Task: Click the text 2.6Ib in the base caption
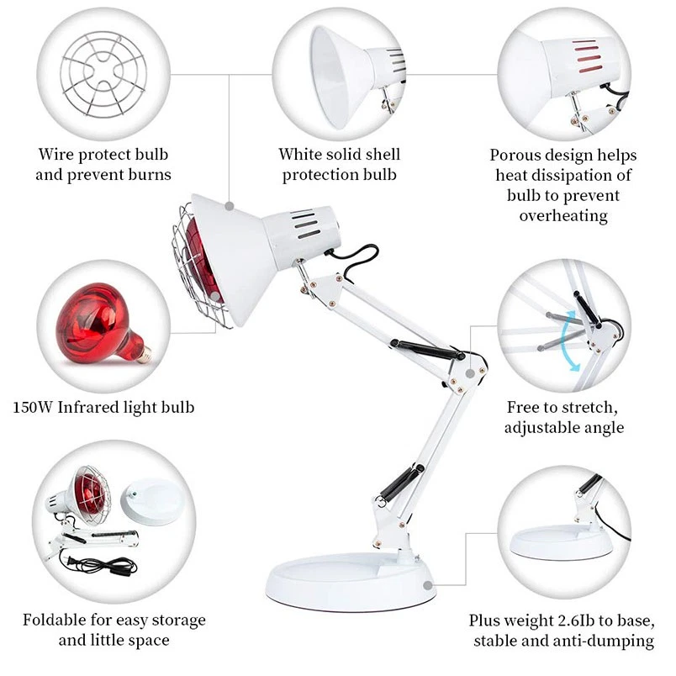(559, 621)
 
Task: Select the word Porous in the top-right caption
(515, 156)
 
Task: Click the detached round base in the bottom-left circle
(151, 501)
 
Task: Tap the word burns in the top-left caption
(145, 175)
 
